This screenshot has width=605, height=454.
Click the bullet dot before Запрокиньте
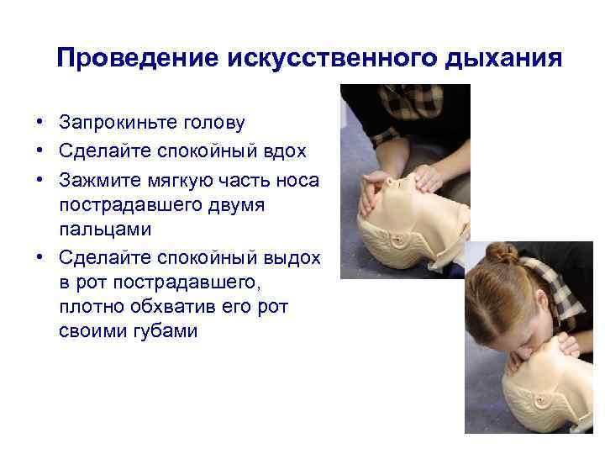(x=40, y=123)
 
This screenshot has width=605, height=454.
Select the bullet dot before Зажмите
(x=40, y=180)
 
